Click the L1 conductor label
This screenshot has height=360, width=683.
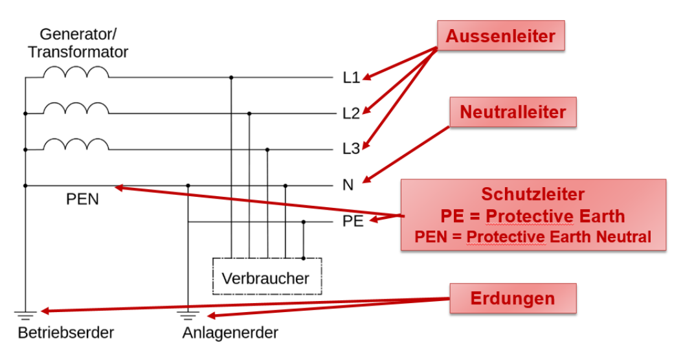tap(351, 78)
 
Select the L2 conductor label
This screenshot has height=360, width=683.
tap(351, 114)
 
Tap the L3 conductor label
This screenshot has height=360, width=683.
tap(351, 149)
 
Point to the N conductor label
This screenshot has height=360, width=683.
tap(348, 185)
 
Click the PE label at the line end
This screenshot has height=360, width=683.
tap(353, 221)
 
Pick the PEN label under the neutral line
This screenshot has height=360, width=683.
tap(83, 199)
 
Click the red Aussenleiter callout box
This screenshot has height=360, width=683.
tap(500, 36)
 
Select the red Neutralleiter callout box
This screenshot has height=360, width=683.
tap(513, 113)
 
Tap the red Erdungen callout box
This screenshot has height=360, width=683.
tap(512, 298)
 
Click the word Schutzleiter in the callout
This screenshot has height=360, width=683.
tap(533, 194)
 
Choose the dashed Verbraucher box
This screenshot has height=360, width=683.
tap(266, 277)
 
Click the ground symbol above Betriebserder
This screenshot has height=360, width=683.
tap(25, 316)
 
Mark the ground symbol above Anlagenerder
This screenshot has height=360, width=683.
tap(188, 316)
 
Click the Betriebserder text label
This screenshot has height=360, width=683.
tap(66, 333)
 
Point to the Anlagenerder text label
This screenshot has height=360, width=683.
tap(230, 333)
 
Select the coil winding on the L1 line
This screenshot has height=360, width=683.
tap(76, 73)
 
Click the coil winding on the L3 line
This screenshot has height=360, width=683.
tap(76, 144)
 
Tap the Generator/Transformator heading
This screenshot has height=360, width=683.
tap(78, 43)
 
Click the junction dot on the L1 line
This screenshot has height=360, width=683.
tap(231, 78)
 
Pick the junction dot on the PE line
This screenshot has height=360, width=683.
tap(304, 221)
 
